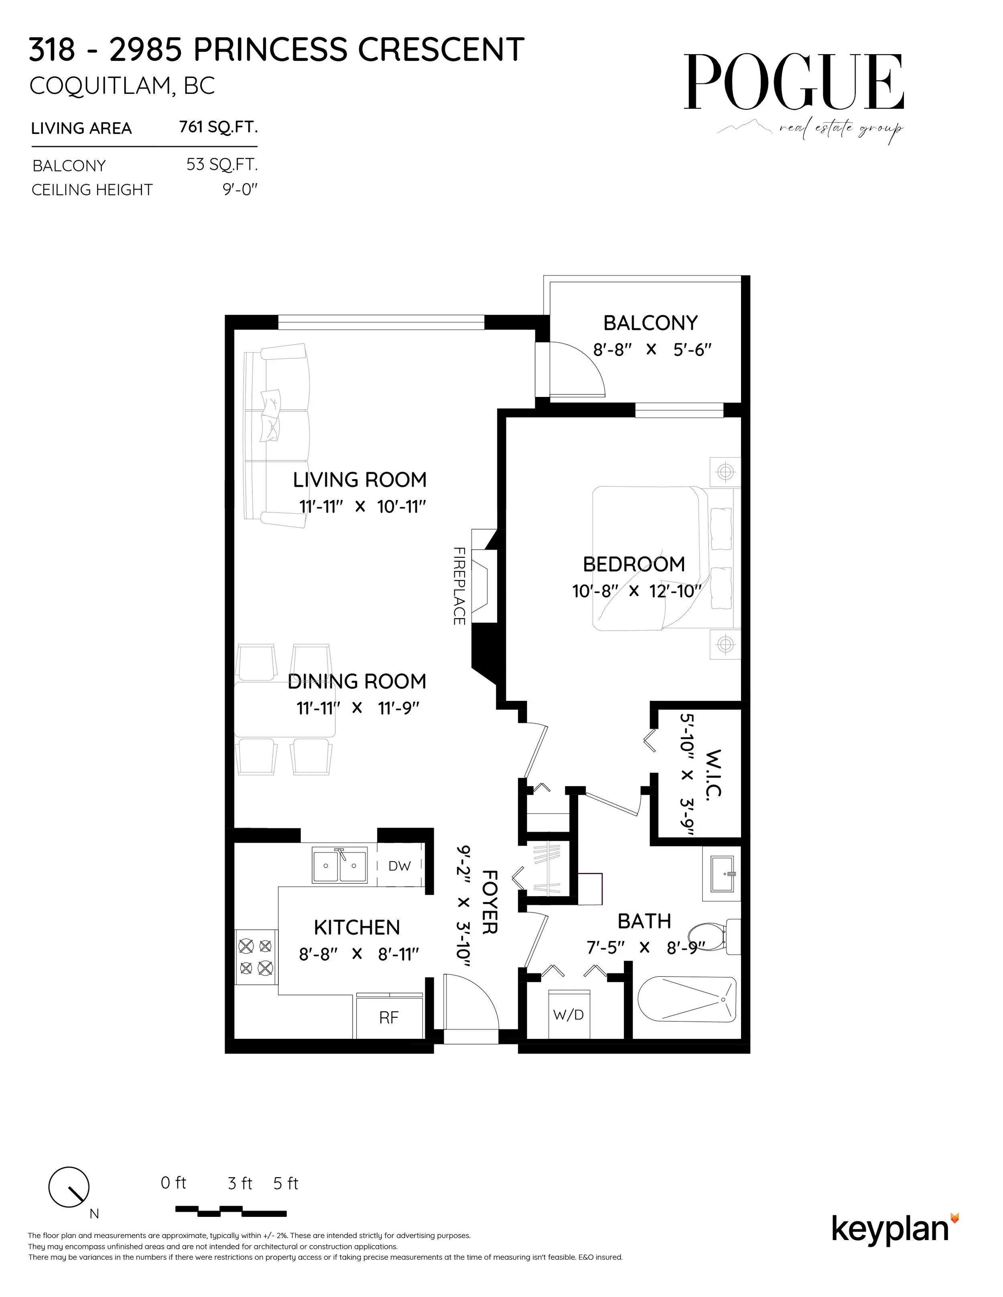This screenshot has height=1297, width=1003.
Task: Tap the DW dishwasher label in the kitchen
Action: (x=399, y=866)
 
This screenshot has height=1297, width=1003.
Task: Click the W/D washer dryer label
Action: (x=569, y=1015)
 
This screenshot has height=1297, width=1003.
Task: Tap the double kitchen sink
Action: (x=339, y=866)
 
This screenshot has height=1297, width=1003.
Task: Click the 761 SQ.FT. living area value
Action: (x=218, y=127)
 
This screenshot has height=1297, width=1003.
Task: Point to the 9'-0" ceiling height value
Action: (x=240, y=190)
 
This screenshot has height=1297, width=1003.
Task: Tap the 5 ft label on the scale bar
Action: (x=285, y=1184)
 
